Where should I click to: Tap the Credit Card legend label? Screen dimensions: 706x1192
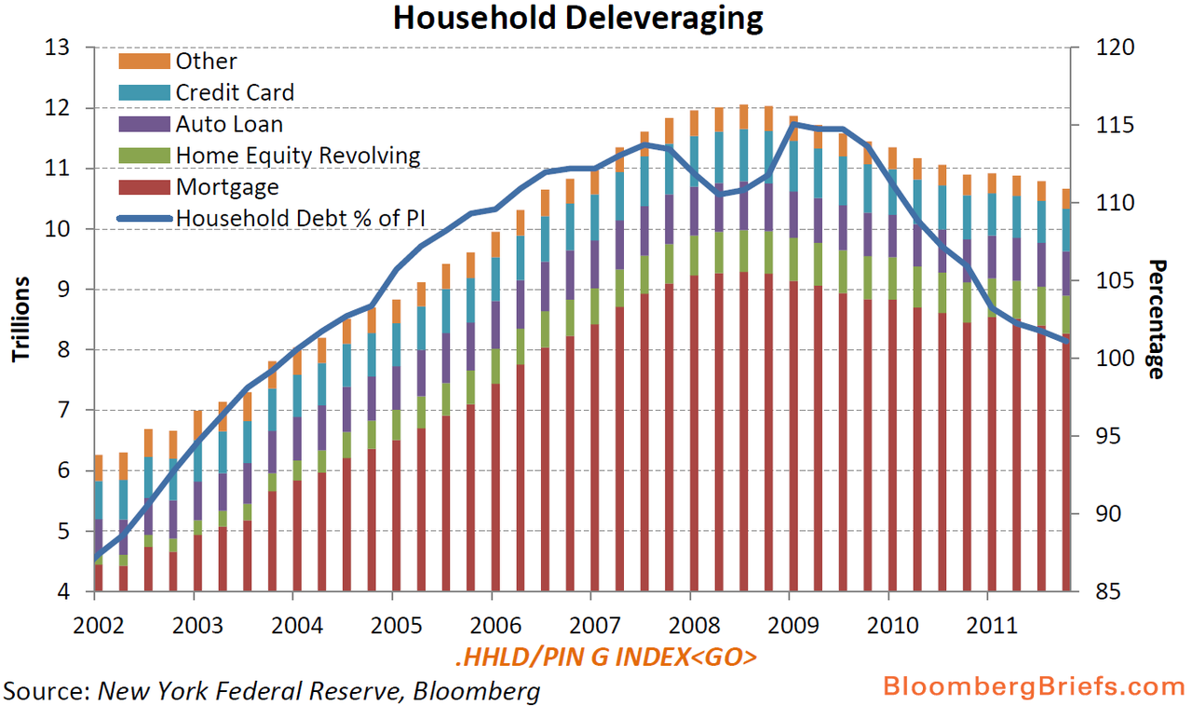235,92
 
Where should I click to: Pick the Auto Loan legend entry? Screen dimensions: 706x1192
229,124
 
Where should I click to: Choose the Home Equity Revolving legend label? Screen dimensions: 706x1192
298,156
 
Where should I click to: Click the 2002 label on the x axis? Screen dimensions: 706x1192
97,621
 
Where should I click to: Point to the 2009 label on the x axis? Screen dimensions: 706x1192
791,621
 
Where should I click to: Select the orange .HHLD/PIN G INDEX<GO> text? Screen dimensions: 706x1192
606,658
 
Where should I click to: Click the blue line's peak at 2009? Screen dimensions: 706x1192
792,123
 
